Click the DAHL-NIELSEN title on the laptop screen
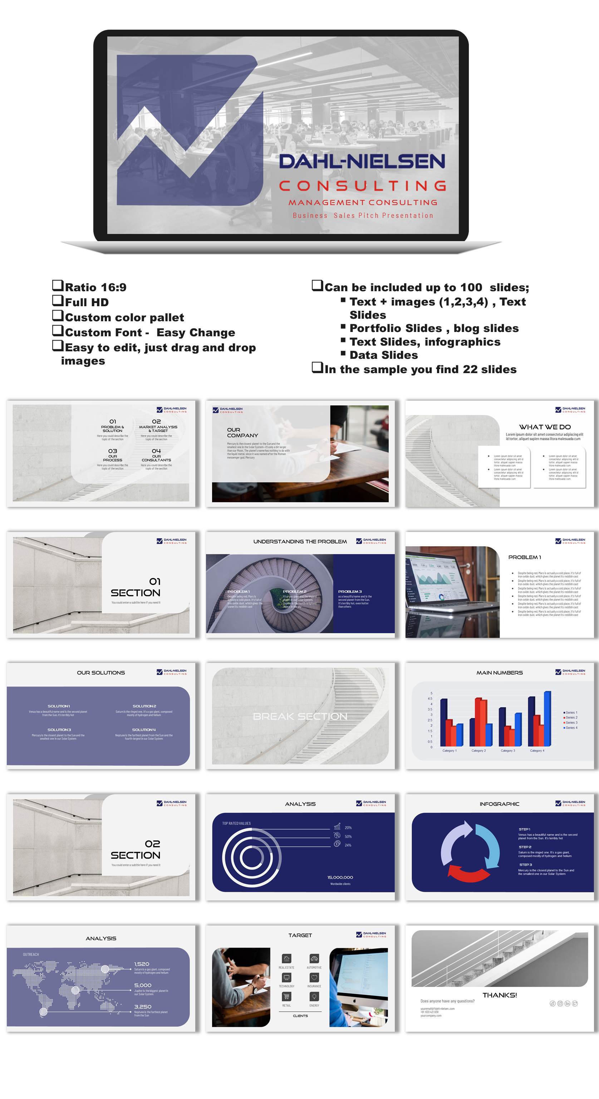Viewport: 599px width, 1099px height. [362, 162]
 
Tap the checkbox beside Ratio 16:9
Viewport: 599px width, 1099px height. [58, 285]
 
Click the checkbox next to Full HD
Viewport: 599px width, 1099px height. [58, 301]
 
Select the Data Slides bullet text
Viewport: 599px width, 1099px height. [383, 355]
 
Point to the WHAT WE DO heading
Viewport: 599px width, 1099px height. [544, 427]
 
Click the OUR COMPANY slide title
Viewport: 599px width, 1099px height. [242, 433]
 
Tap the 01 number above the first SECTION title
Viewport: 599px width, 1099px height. [155, 581]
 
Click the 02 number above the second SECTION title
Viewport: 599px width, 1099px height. [152, 844]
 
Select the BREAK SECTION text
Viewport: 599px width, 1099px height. [300, 716]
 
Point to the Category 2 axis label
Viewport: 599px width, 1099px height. [478, 751]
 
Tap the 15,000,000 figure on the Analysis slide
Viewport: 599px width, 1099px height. [340, 877]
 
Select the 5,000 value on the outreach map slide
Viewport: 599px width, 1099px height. [143, 985]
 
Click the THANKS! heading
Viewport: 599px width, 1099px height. [500, 995]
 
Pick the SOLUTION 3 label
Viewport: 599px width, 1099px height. [59, 729]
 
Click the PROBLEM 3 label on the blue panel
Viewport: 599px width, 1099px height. [350, 591]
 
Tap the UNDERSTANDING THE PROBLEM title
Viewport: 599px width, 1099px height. [300, 541]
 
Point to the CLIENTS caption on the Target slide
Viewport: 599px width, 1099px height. [300, 1016]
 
